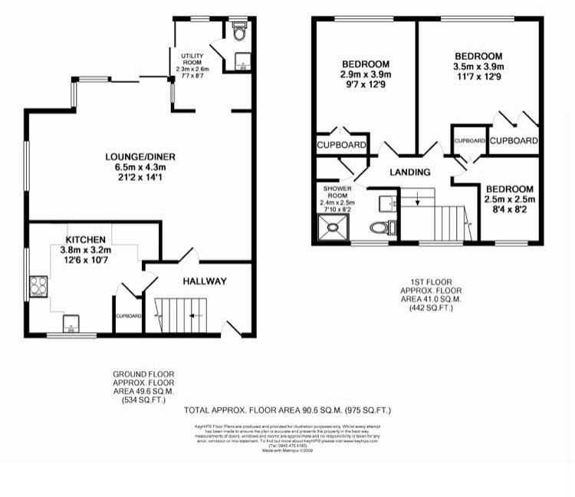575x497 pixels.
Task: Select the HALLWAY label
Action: pyautogui.click(x=204, y=281)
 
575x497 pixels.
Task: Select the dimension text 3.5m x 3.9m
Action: pyautogui.click(x=478, y=67)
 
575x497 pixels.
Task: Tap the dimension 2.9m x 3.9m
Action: pyautogui.click(x=366, y=74)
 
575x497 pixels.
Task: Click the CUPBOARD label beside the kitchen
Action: pyautogui.click(x=128, y=316)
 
